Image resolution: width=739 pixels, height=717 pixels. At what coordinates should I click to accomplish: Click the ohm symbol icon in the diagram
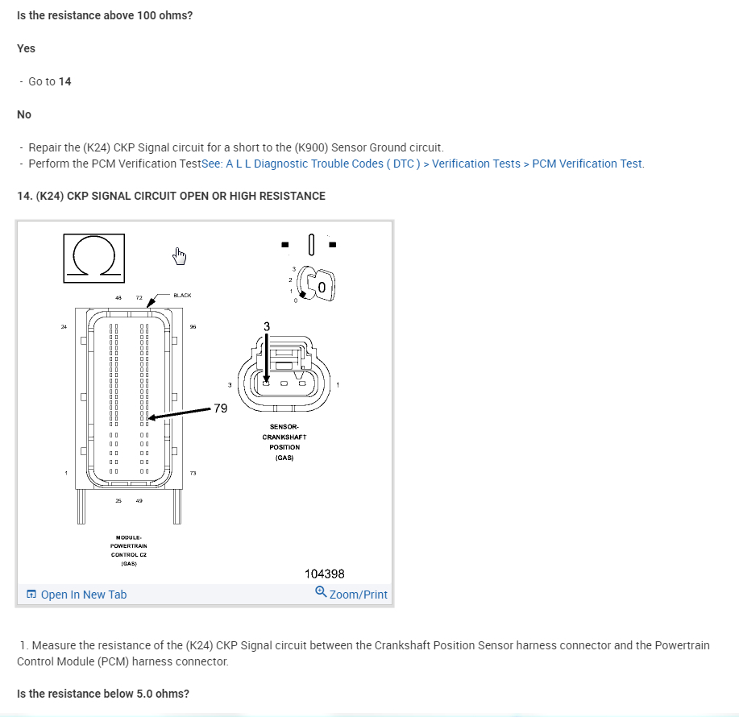(x=93, y=258)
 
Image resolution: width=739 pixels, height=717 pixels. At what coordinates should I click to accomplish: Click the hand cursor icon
(x=179, y=257)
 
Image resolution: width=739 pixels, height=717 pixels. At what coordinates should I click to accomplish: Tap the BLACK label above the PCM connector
(x=183, y=296)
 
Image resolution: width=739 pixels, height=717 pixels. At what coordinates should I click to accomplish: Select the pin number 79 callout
(x=220, y=408)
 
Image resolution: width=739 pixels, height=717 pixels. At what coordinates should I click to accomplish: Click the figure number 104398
(x=325, y=574)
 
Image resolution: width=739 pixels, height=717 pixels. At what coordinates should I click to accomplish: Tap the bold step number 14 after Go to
(x=65, y=81)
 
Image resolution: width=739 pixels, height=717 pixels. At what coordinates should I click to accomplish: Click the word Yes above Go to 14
(x=27, y=48)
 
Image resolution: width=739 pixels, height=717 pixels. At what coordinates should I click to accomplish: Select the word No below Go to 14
(x=24, y=114)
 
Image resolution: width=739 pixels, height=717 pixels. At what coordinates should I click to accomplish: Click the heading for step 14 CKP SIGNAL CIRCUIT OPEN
(x=171, y=196)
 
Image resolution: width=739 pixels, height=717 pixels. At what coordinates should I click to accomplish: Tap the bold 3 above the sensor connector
(x=268, y=325)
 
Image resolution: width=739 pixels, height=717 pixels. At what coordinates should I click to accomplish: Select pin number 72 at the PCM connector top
(x=139, y=298)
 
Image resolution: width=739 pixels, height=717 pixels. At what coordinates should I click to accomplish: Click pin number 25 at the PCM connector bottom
(x=118, y=500)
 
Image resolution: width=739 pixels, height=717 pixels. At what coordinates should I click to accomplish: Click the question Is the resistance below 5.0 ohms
(x=103, y=694)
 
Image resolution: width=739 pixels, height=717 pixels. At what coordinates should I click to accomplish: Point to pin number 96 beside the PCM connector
(x=193, y=326)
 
